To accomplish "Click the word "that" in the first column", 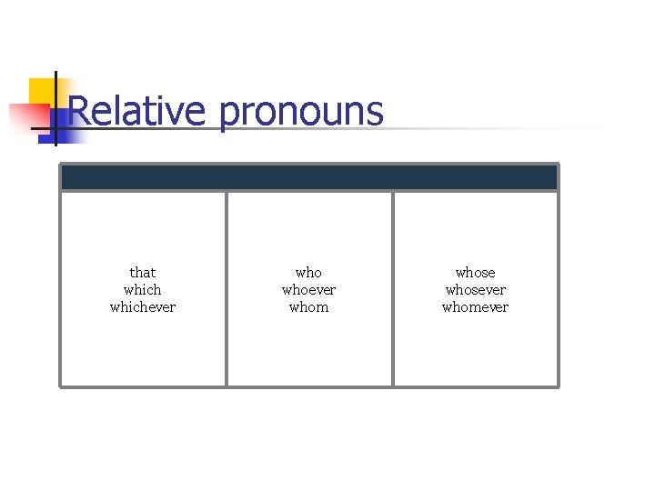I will (143, 272).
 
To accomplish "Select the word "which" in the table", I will (143, 289).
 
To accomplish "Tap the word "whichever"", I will (143, 306).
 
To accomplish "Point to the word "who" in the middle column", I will (308, 272).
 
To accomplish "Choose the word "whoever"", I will (308, 289).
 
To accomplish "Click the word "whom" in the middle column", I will (308, 306).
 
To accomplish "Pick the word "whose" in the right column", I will (475, 272).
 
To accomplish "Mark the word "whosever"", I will (475, 289).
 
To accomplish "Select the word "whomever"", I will (475, 306).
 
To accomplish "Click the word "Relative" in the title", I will (136, 111).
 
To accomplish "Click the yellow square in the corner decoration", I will (40, 90).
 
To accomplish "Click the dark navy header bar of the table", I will (308, 177).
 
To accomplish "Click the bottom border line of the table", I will (308, 386).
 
